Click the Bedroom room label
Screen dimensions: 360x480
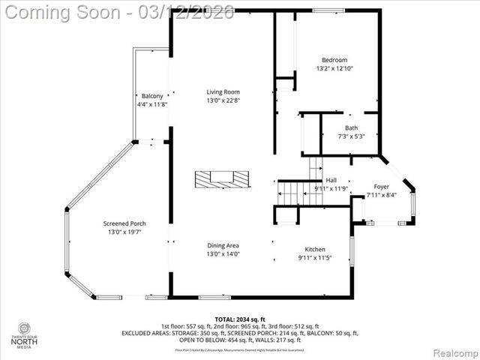334,60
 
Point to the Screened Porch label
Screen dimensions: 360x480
124,223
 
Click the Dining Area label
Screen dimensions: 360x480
223,245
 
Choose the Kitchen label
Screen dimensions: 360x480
314,249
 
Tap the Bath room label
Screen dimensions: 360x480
351,128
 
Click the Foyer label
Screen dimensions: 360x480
381,187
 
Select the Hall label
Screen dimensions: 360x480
331,180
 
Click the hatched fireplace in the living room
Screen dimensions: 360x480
222,179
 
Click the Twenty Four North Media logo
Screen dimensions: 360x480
25,334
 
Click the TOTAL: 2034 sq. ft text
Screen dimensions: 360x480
239,319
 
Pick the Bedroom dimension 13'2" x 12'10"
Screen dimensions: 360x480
334,68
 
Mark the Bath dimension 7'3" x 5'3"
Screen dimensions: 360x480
351,136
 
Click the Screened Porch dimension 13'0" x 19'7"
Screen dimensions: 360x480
124,232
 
